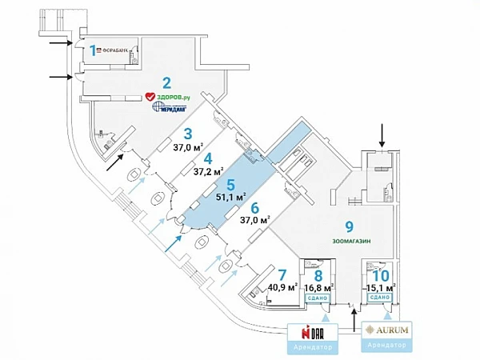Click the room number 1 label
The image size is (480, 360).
(93, 50)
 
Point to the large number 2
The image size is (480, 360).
(166, 82)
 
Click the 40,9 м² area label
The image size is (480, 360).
(282, 286)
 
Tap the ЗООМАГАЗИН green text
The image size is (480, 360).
(349, 240)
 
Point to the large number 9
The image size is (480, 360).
(349, 226)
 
